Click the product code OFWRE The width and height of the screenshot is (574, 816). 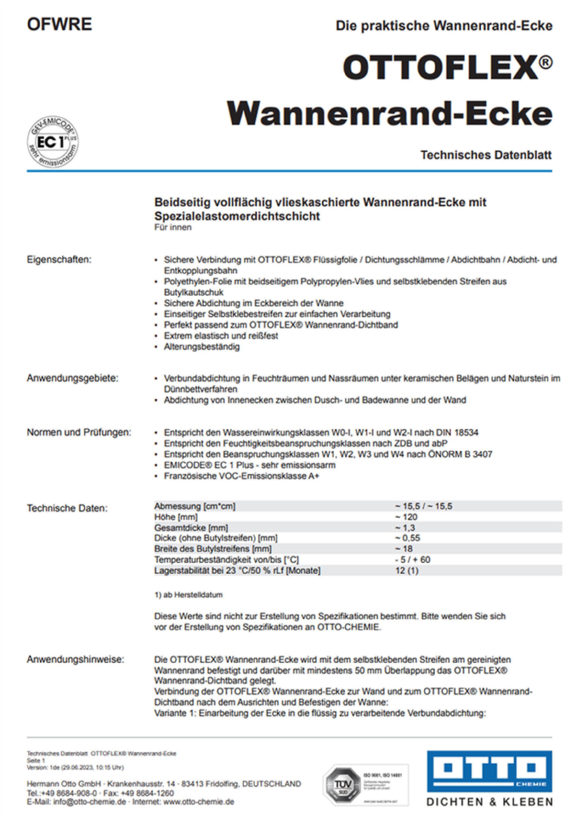click(x=59, y=24)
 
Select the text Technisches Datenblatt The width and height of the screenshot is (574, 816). click(x=486, y=155)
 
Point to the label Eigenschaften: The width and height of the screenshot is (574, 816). click(x=59, y=259)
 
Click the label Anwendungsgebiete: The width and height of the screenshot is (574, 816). click(x=72, y=378)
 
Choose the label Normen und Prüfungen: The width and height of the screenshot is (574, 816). click(x=79, y=432)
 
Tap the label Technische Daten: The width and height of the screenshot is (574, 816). click(x=67, y=508)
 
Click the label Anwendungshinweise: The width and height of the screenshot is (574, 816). click(x=75, y=659)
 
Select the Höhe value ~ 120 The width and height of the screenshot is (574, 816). click(x=406, y=517)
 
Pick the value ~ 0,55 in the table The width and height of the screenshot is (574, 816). click(x=407, y=538)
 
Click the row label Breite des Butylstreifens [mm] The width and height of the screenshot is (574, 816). click(x=213, y=549)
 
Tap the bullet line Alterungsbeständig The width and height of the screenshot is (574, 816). click(x=202, y=347)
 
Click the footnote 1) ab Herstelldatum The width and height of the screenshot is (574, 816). click(x=188, y=595)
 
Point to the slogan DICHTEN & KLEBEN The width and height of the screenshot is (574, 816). click(x=489, y=802)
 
